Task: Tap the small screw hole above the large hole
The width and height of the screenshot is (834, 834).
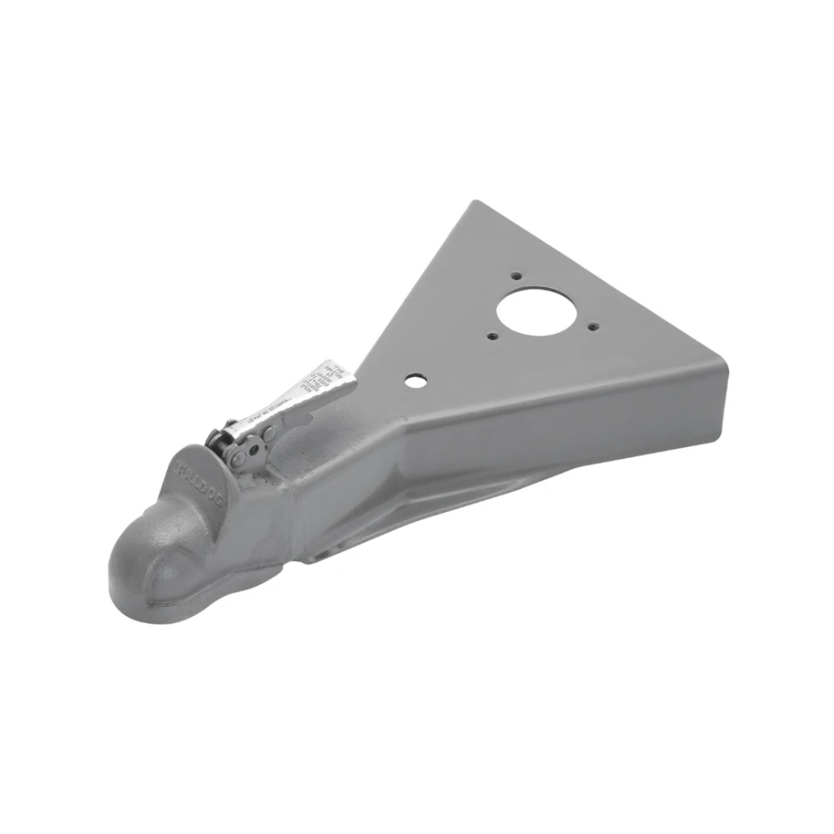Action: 517,275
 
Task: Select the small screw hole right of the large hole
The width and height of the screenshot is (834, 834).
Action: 592,326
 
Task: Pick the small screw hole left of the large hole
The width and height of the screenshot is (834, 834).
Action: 494,338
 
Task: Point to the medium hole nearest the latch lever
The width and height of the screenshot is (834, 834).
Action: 413,380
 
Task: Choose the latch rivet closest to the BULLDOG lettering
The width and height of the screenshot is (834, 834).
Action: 240,458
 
